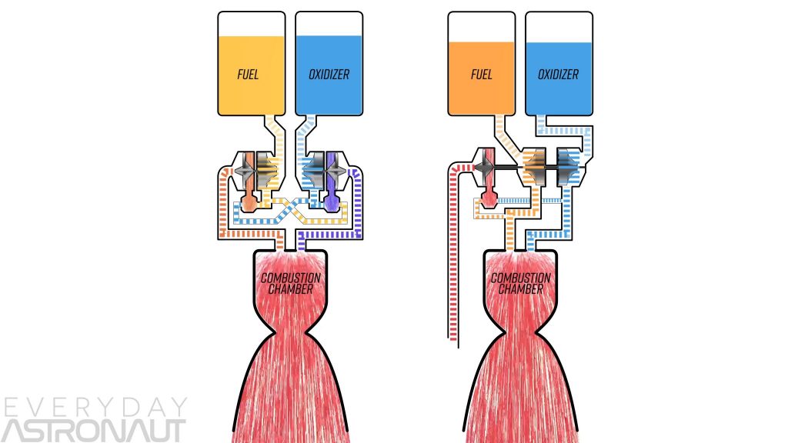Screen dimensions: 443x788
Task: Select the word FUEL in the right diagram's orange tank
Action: pos(482,75)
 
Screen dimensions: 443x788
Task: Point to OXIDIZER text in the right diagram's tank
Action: pos(559,75)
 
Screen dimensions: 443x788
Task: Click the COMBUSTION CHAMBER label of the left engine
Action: pos(291,283)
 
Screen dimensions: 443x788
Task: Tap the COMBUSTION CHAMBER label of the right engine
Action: pos(521,283)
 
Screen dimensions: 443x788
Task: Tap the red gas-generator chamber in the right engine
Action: pos(488,202)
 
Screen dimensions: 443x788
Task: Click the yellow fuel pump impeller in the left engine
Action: pos(265,166)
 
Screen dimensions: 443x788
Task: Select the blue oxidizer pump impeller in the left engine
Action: pos(316,166)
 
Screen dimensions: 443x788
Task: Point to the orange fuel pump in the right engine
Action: pos(533,165)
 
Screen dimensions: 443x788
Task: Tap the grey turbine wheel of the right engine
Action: pos(486,165)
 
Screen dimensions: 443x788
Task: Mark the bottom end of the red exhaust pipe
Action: pos(450,337)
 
